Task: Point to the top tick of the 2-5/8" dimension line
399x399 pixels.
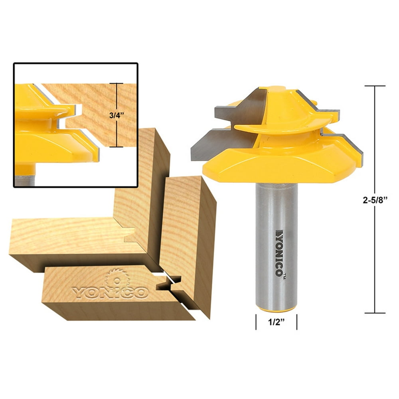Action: click(375, 86)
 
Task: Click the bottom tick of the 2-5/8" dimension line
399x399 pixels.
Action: click(375, 313)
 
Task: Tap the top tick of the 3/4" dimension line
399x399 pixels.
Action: click(117, 83)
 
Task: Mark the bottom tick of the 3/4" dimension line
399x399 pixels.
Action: click(117, 147)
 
